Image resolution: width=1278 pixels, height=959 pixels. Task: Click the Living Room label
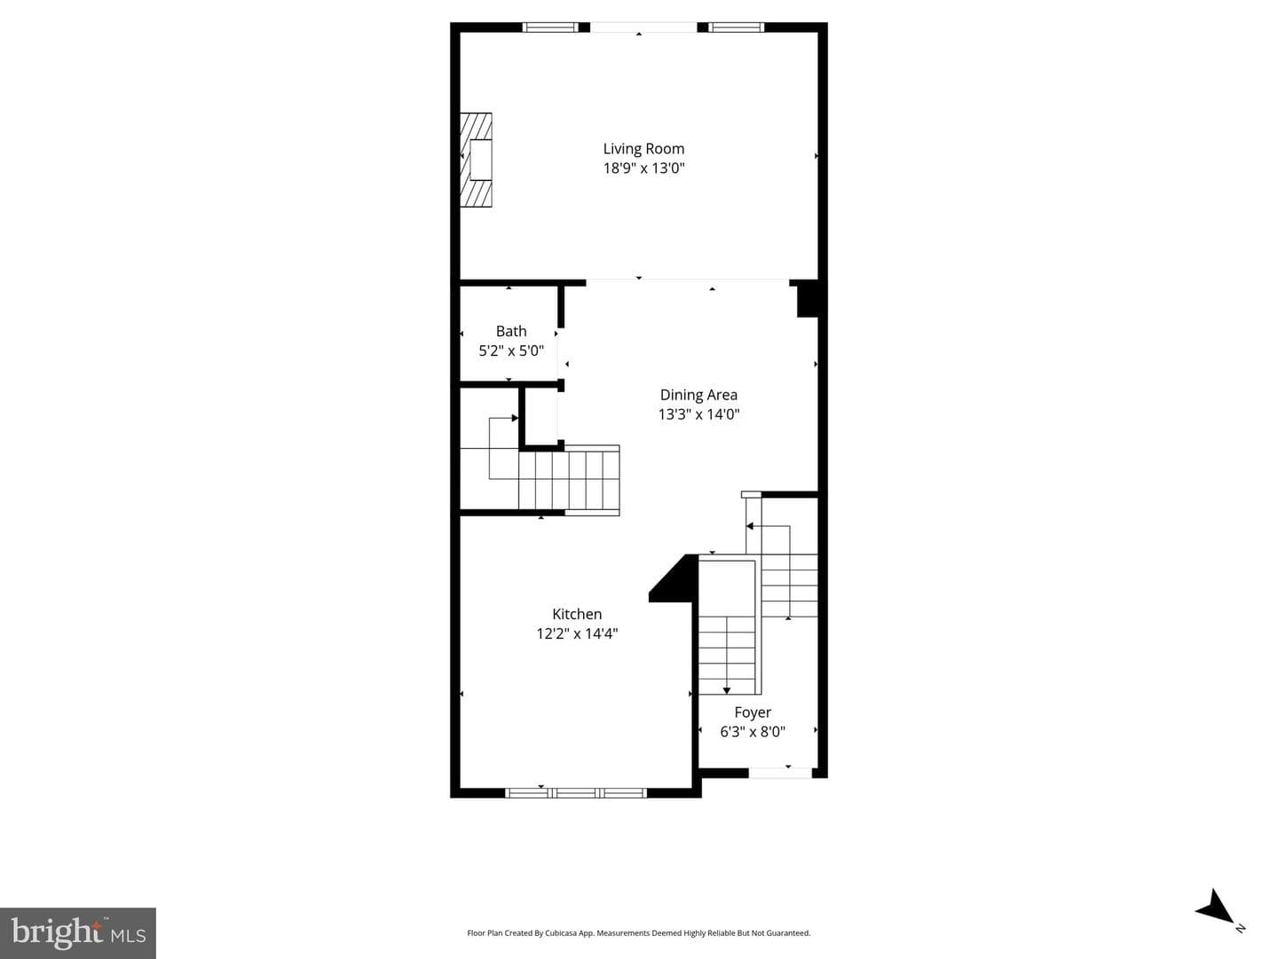643,149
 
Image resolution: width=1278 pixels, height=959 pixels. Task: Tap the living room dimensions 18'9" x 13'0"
643,169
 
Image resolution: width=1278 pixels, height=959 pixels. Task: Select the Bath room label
511,331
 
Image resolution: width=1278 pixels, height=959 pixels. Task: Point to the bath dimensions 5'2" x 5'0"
511,350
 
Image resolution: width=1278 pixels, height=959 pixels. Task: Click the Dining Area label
698,395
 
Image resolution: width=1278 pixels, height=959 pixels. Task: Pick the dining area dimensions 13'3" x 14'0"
698,413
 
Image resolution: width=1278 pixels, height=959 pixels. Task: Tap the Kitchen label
577,614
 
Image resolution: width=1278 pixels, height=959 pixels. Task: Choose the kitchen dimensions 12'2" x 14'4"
577,633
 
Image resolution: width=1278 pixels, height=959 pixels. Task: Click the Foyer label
753,712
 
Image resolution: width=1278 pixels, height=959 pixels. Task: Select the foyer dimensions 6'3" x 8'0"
753,732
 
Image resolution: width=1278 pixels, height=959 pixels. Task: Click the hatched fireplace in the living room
477,160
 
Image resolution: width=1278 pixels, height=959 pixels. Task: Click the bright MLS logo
78,933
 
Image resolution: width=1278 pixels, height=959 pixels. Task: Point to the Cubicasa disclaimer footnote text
639,932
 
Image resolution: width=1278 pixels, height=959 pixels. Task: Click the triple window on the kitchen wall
576,793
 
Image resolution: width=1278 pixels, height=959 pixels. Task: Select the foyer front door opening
780,774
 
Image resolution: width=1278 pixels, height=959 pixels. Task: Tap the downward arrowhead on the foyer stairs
727,691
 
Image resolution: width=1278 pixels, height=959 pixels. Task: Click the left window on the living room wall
550,28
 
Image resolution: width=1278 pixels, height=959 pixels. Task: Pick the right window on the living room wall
737,28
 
